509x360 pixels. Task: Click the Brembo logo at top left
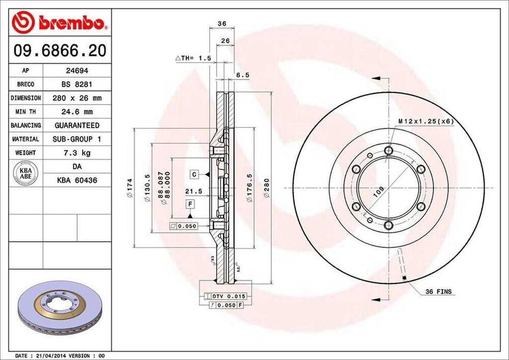click(x=59, y=22)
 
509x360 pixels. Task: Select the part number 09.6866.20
click(x=59, y=50)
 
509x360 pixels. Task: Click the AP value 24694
click(x=77, y=71)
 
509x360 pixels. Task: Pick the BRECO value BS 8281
click(x=77, y=85)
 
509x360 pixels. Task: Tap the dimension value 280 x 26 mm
click(x=77, y=98)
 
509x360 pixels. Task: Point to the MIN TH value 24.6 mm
click(x=77, y=112)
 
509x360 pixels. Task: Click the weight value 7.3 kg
click(x=77, y=153)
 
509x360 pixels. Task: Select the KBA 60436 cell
click(x=77, y=180)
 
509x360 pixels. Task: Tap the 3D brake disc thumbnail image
click(x=60, y=306)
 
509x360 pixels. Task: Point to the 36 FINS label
click(x=438, y=292)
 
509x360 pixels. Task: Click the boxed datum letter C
click(x=195, y=174)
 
